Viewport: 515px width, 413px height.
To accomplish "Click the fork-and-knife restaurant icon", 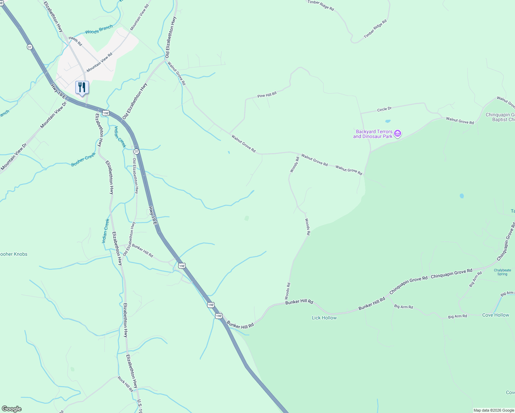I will pos(82,87).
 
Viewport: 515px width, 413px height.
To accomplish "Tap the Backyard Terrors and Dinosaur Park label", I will pos(374,134).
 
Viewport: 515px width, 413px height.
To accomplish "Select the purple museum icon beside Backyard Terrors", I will pos(398,134).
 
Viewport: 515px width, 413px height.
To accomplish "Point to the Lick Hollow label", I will pos(324,318).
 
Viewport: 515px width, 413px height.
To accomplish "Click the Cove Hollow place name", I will pos(495,315).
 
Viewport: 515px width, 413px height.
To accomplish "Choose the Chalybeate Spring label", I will pos(502,272).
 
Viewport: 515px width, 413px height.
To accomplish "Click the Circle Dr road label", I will pos(384,109).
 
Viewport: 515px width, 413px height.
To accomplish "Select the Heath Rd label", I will pos(75,41).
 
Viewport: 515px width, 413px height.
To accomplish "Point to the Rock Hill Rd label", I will pos(125,384).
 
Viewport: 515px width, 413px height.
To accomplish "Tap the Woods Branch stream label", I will pos(99,30).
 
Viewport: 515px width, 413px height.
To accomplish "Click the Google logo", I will pos(11,409).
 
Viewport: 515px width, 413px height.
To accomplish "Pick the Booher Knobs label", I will pos(14,254).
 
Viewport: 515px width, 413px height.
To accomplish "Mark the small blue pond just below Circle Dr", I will pos(388,121).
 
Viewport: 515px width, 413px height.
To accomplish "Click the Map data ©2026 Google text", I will pos(493,410).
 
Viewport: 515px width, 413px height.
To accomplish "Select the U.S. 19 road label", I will pos(139,406).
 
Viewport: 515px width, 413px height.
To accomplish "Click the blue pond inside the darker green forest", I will pos(462,196).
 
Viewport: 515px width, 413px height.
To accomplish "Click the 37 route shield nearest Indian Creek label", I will pos(136,151).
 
